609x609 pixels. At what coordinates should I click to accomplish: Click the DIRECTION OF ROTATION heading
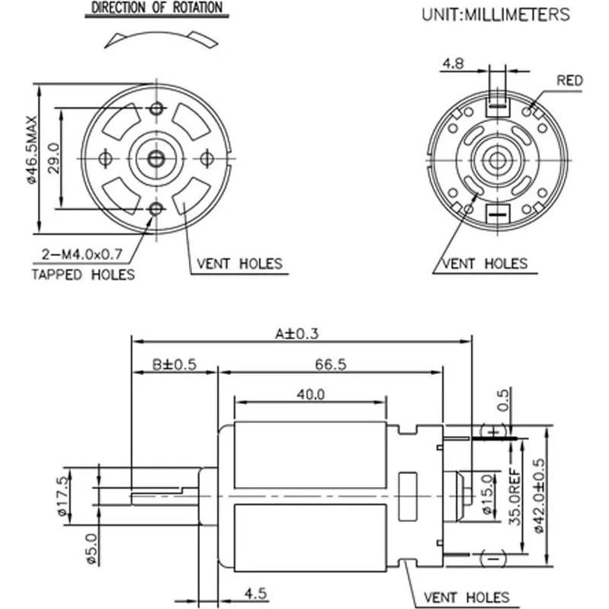tap(157, 8)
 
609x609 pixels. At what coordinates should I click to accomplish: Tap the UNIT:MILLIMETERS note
tap(495, 14)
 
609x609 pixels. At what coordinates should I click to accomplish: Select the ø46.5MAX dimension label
tap(31, 150)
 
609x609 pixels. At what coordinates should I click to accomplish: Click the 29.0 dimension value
tap(53, 158)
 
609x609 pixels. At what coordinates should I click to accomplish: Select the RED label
tap(569, 80)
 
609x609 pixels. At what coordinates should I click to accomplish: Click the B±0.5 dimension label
tap(174, 364)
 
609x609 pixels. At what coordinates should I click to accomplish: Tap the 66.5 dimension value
tap(330, 364)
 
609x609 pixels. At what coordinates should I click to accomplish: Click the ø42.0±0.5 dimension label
tap(540, 495)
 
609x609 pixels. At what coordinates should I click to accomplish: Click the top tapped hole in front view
tap(157, 107)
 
